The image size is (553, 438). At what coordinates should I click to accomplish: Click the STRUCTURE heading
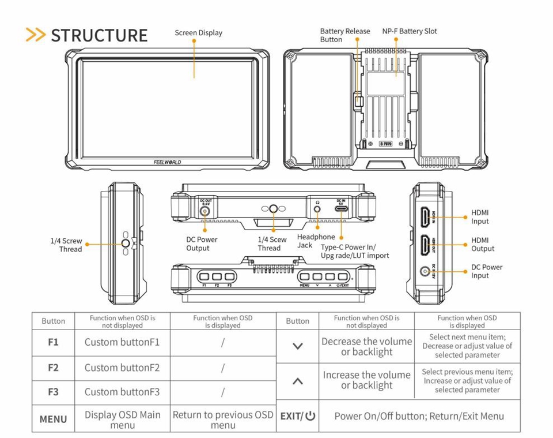click(99, 35)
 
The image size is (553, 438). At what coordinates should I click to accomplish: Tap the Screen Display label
click(198, 33)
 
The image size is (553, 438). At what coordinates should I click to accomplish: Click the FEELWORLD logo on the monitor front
click(167, 163)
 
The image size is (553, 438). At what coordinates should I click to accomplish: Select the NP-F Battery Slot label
click(410, 31)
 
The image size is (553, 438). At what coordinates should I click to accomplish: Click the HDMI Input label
click(480, 217)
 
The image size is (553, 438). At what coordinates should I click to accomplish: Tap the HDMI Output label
click(483, 244)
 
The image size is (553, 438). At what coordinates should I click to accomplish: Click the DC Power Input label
click(487, 271)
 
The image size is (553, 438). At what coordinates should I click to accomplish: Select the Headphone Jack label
click(316, 241)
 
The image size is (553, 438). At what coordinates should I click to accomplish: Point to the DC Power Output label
click(202, 244)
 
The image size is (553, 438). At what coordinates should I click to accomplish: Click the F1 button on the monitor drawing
click(204, 276)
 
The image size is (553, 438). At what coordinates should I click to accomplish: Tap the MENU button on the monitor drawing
click(305, 276)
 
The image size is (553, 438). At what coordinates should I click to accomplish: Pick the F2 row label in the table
click(53, 368)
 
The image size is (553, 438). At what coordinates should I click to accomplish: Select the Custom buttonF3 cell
click(122, 392)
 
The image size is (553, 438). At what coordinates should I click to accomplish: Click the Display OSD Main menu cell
click(123, 420)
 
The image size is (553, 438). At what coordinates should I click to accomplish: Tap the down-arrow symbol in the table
click(298, 346)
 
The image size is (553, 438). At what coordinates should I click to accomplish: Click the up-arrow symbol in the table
click(298, 381)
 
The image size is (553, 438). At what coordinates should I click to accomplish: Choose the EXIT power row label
click(298, 416)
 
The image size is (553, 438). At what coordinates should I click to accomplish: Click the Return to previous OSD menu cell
click(223, 420)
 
